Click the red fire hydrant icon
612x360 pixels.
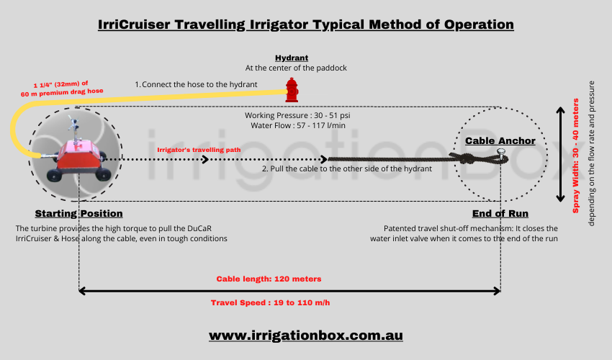(292, 90)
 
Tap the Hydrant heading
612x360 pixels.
(292, 58)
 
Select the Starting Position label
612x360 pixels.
(78, 214)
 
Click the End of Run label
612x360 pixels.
(500, 214)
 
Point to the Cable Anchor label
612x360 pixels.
(500, 140)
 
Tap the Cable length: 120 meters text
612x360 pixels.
(269, 279)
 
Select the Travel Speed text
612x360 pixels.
(270, 302)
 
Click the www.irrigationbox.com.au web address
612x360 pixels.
(305, 336)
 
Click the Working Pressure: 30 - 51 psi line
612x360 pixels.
(297, 115)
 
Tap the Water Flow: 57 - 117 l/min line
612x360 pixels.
(297, 127)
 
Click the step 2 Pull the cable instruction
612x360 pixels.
(336, 168)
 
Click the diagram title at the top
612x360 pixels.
(305, 24)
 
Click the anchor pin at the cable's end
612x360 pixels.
(500, 153)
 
